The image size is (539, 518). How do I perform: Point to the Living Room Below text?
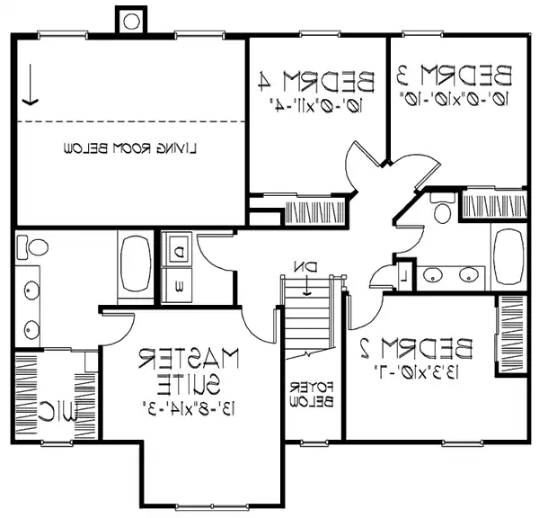click(130, 147)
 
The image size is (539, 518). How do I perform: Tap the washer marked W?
click(179, 288)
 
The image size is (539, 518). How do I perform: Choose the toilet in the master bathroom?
click(35, 246)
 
